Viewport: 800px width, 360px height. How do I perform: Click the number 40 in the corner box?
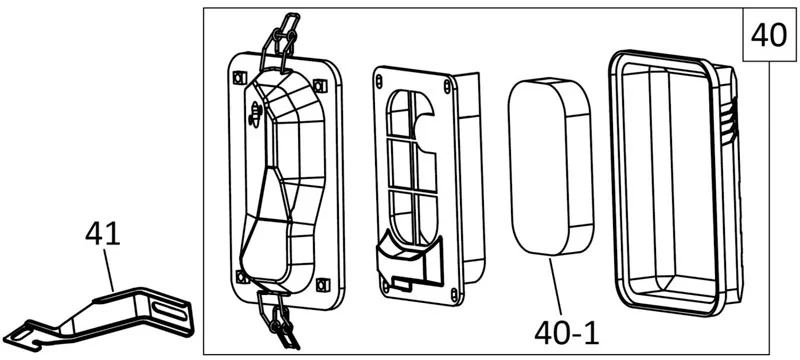coord(769,36)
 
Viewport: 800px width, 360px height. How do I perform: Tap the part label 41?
coord(103,235)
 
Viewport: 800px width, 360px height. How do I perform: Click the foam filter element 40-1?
coord(551,166)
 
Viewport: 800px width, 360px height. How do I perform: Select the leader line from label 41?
coord(108,270)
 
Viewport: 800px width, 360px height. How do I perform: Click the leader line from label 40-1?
coord(555,287)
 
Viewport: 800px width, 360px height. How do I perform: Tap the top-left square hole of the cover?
coord(237,78)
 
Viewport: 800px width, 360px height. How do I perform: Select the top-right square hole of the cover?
coord(320,85)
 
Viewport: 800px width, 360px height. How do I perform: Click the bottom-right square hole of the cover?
coord(321,284)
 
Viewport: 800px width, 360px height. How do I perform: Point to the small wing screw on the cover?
coord(254,114)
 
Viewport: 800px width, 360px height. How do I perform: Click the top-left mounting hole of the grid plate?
coord(380,80)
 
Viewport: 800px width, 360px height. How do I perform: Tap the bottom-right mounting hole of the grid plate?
coord(454,294)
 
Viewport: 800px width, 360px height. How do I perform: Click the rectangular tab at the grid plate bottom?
coord(403,284)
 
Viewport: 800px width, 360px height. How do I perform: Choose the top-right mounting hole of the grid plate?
coord(447,86)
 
